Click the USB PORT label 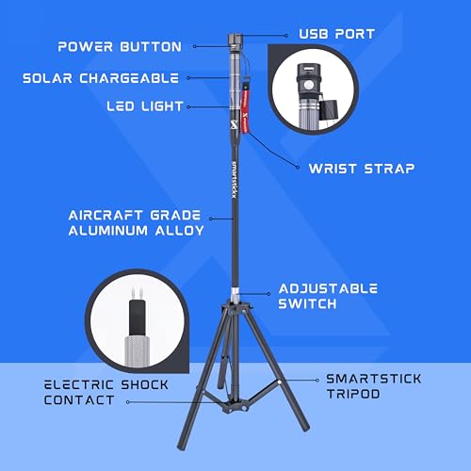click(x=336, y=34)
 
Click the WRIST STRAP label click(x=353, y=170)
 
